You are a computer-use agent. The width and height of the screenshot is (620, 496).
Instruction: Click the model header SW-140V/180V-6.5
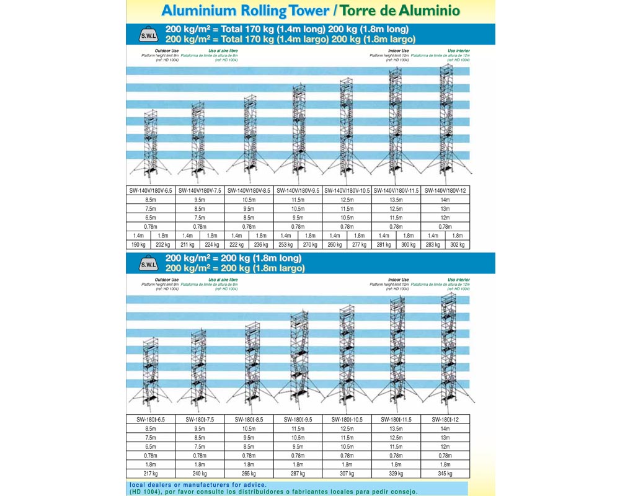point(151,191)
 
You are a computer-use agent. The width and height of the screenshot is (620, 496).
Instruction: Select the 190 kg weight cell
point(138,244)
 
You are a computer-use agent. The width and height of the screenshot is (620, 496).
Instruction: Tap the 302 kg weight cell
point(457,244)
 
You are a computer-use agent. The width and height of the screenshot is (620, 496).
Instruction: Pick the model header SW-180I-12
point(445,419)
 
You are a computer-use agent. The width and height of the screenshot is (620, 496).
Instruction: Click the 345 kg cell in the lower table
point(445,473)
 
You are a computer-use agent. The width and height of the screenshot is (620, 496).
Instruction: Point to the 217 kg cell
point(151,473)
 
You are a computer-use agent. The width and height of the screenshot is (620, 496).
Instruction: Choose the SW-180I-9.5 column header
point(298,419)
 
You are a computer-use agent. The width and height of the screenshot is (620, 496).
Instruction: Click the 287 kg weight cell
point(298,473)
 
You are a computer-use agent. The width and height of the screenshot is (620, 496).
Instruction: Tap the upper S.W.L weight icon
point(148,35)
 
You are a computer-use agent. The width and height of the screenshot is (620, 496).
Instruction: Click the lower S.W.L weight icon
point(148,263)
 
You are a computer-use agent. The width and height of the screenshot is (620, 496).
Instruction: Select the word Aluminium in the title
point(195,11)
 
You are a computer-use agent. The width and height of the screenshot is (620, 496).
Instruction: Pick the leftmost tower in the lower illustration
point(151,372)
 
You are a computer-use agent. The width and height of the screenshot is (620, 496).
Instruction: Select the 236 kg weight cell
point(260,244)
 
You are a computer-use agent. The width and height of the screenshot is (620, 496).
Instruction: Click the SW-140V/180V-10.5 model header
point(347,191)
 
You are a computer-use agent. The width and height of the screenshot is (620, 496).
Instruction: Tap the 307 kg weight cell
point(347,473)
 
